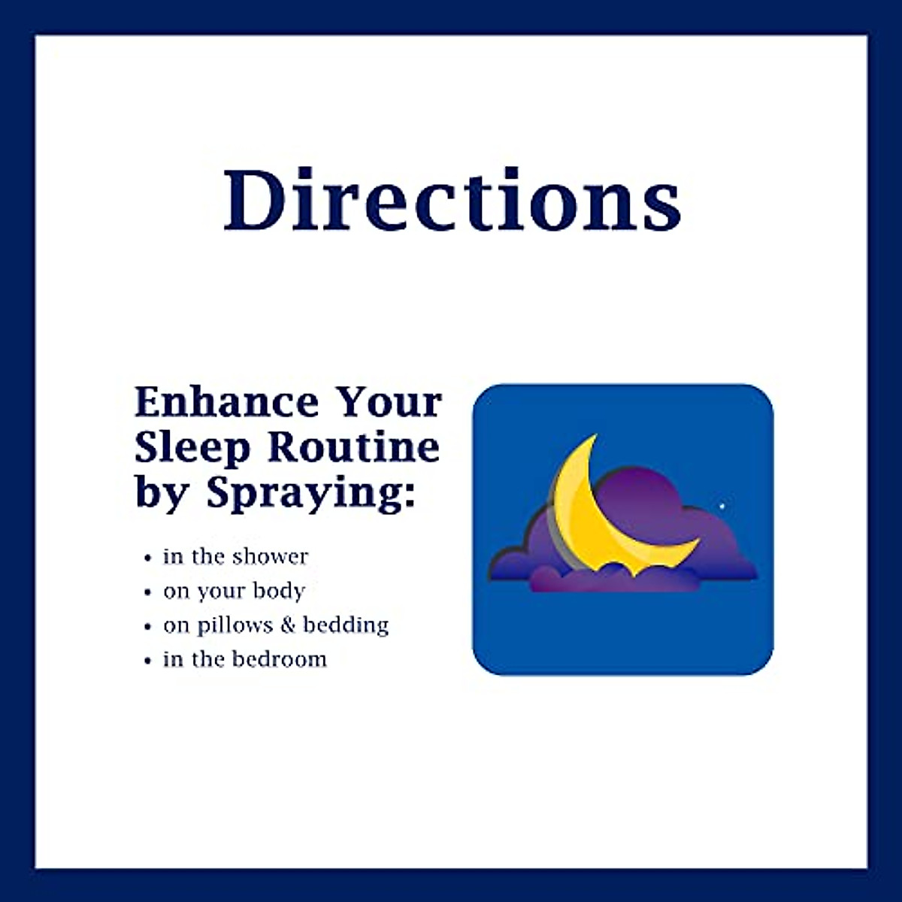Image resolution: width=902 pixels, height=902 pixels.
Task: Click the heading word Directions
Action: pyautogui.click(x=452, y=199)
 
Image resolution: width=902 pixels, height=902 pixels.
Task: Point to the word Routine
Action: pyautogui.click(x=353, y=447)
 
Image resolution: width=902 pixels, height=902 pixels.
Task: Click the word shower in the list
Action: pyautogui.click(x=270, y=556)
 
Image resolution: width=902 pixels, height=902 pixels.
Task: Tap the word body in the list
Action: pyautogui.click(x=278, y=591)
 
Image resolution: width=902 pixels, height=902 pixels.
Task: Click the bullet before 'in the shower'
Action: pyautogui.click(x=148, y=558)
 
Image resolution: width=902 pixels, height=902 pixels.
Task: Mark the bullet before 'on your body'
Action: pyautogui.click(x=148, y=593)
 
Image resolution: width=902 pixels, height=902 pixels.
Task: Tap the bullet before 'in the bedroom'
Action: pyautogui.click(x=148, y=661)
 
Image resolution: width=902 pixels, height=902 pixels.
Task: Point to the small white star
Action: pyautogui.click(x=722, y=505)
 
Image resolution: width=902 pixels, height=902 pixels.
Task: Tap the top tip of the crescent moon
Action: pyautogui.click(x=595, y=436)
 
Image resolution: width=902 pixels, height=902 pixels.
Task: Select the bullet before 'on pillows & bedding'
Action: pyautogui.click(x=148, y=627)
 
